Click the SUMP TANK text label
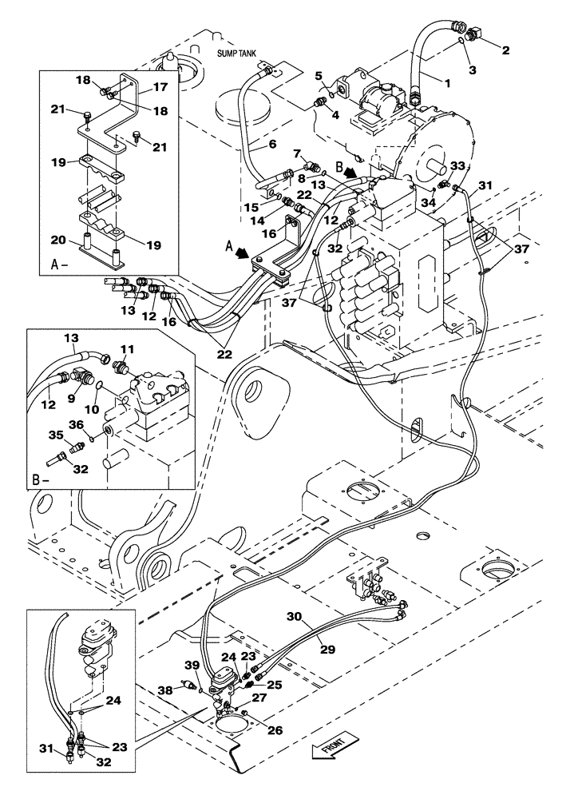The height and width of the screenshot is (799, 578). pos(237,54)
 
